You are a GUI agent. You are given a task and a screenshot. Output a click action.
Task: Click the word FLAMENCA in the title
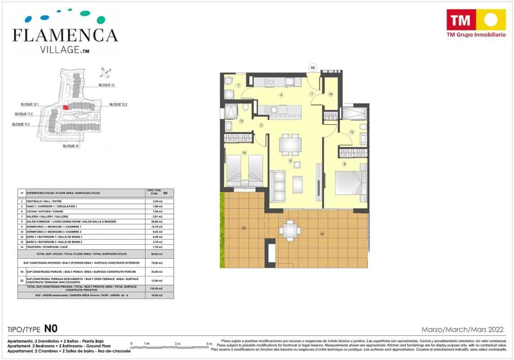click(x=66, y=35)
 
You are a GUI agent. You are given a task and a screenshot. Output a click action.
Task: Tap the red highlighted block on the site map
click(x=66, y=107)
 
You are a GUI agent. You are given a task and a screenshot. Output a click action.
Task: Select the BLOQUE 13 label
click(x=107, y=85)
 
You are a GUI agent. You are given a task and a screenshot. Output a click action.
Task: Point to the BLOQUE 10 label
click(x=70, y=146)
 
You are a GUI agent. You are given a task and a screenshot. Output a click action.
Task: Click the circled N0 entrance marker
click(x=313, y=68)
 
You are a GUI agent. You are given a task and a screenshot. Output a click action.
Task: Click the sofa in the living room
click(x=277, y=186)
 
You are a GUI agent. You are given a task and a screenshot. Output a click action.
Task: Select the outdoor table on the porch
click(x=290, y=231)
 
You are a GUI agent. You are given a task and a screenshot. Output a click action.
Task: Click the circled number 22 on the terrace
click(x=244, y=228)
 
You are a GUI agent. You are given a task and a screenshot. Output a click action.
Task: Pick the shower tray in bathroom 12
click(x=355, y=113)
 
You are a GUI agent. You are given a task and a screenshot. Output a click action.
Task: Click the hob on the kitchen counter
click(x=270, y=82)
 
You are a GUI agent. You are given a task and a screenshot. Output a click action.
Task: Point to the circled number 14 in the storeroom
click(x=330, y=94)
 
